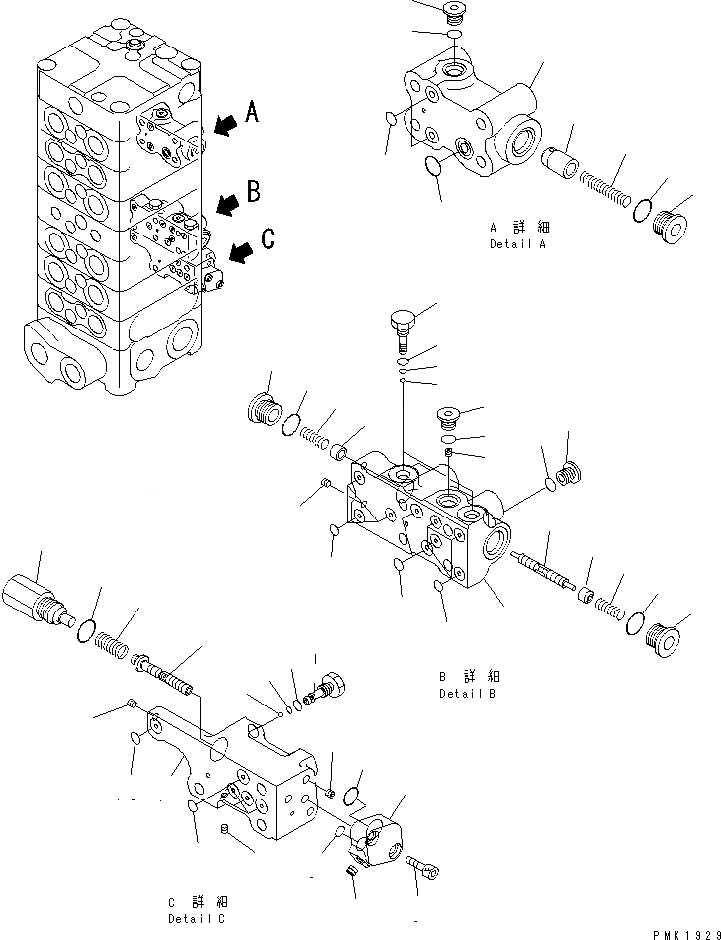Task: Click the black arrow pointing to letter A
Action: [x=225, y=123]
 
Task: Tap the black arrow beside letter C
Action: [x=240, y=255]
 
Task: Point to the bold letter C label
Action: [x=266, y=238]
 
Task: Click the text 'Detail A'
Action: [x=517, y=243]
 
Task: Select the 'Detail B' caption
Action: [x=468, y=694]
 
